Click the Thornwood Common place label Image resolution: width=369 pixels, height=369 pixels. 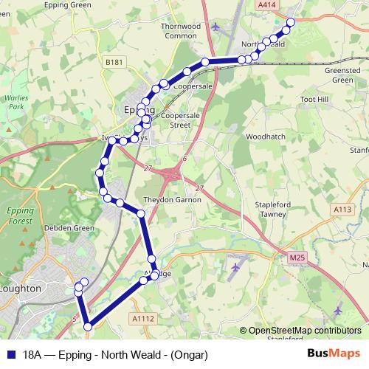tap(182, 30)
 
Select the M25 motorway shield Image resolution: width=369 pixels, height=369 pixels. tap(297, 256)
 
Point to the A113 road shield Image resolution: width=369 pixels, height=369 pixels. tap(342, 210)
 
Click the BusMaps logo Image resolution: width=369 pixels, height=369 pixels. tap(334, 354)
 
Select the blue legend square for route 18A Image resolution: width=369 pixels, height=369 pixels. tap(10, 354)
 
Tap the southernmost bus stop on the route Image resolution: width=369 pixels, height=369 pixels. tap(88, 325)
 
